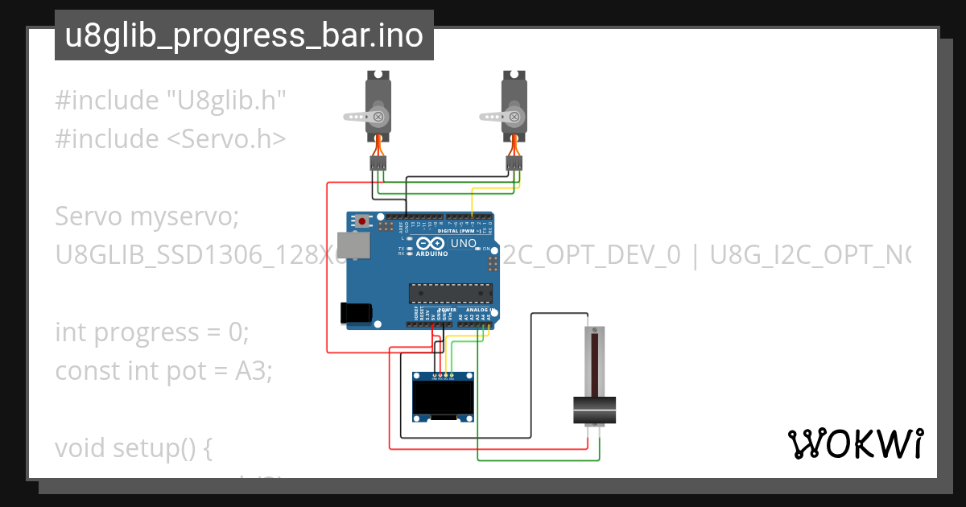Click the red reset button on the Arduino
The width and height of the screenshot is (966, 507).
(x=362, y=221)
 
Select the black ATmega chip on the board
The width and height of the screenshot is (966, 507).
(x=448, y=295)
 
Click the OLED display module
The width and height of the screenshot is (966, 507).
(x=442, y=398)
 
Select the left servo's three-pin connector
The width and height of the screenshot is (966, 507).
(x=378, y=163)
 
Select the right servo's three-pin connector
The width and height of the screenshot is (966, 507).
(x=514, y=163)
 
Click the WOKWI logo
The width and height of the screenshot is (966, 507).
(x=855, y=444)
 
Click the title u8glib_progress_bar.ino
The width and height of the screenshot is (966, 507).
(x=244, y=36)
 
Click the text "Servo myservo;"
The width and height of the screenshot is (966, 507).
(x=147, y=216)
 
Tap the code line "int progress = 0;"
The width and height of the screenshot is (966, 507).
(x=152, y=332)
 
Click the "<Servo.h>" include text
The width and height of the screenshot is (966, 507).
(x=226, y=139)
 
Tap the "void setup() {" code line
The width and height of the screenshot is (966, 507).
(x=133, y=447)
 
